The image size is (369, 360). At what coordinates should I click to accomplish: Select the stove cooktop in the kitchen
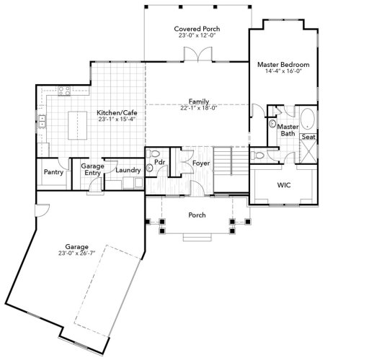coord(61,91)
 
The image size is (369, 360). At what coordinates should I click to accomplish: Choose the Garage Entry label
coord(92,169)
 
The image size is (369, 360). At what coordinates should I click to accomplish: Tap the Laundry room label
coord(128,170)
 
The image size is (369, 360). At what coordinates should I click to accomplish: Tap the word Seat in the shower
coord(308,137)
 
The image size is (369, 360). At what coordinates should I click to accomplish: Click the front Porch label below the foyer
coord(197,215)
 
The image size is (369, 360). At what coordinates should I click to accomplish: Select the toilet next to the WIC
coord(259,156)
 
